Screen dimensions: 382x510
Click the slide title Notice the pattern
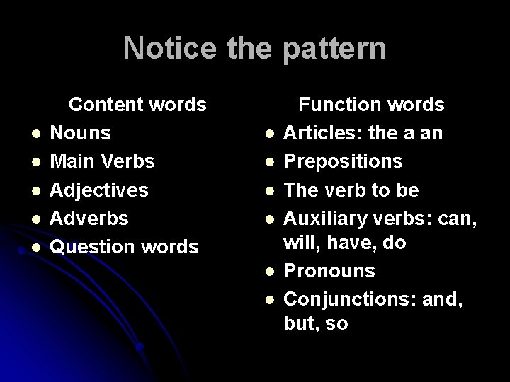click(255, 48)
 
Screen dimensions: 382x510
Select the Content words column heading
click(137, 105)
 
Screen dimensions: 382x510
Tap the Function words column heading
click(371, 105)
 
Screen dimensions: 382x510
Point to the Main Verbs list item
click(103, 161)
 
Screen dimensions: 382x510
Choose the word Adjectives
click(101, 190)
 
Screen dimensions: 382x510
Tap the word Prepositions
click(344, 161)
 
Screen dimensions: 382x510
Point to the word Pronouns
click(329, 271)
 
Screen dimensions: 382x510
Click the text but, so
click(316, 324)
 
